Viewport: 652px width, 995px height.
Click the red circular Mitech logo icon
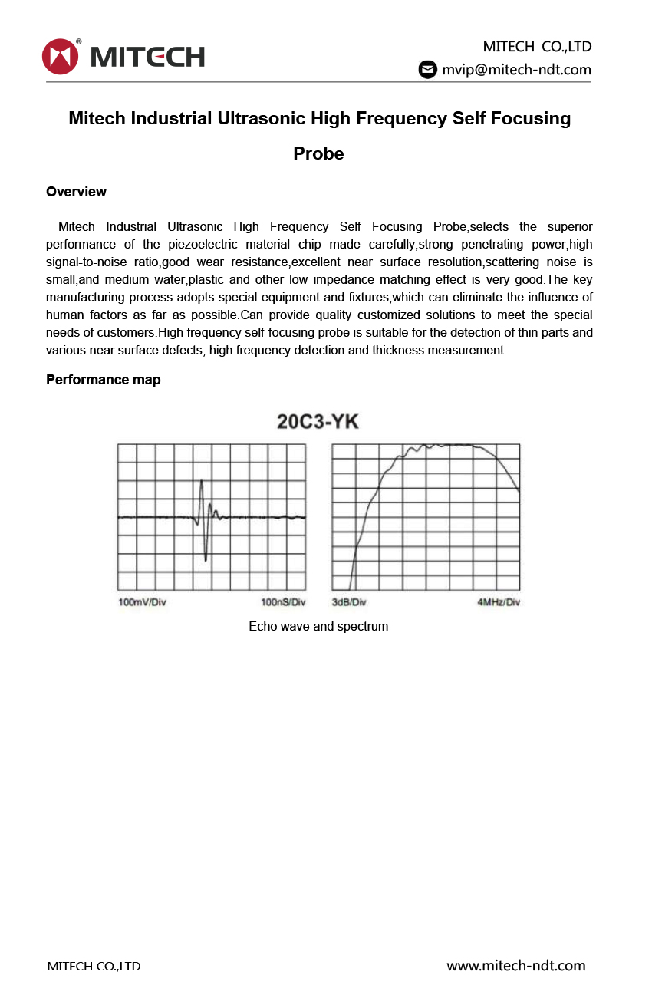pyautogui.click(x=61, y=57)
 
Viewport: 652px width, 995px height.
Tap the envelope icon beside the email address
pyautogui.click(x=427, y=70)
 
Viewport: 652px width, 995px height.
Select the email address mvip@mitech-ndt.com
pyautogui.click(x=516, y=70)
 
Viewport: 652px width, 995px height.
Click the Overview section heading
pyautogui.click(x=76, y=192)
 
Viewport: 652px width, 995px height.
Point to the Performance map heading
pyautogui.click(x=103, y=380)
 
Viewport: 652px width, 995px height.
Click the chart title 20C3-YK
pyautogui.click(x=318, y=422)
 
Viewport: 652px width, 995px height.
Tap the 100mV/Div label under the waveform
pyautogui.click(x=142, y=602)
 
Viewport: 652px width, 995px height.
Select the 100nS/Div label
pyautogui.click(x=283, y=602)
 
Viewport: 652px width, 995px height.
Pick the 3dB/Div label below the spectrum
pyautogui.click(x=349, y=602)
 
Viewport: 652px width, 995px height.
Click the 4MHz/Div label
pyautogui.click(x=499, y=602)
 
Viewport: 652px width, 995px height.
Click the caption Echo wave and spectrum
pyautogui.click(x=318, y=627)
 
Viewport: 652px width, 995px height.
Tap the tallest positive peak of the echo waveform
pyautogui.click(x=202, y=482)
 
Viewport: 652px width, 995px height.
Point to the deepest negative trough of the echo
pyautogui.click(x=206, y=559)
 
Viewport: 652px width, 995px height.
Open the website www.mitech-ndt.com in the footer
pyautogui.click(x=515, y=966)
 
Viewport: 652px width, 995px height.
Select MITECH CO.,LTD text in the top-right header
pyautogui.click(x=537, y=46)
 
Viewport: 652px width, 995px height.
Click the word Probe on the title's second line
pyautogui.click(x=318, y=153)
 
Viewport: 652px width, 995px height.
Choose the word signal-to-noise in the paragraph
pyautogui.click(x=83, y=262)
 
